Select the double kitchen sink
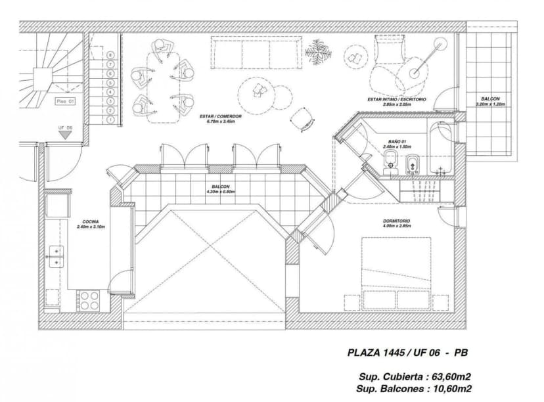[x=56, y=256]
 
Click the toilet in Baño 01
[x=390, y=160]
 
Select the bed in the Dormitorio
[x=396, y=274]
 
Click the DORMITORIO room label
[x=397, y=221]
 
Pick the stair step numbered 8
[x=111, y=55]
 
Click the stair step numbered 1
[x=111, y=120]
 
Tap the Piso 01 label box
[x=65, y=101]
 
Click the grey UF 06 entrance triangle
[x=65, y=134]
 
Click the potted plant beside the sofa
[x=319, y=51]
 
